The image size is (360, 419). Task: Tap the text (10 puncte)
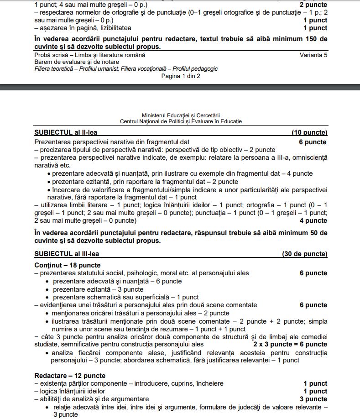[309, 133]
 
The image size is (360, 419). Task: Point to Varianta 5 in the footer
[313, 55]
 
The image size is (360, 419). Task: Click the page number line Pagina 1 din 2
[181, 76]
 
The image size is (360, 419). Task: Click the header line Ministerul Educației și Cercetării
[181, 116]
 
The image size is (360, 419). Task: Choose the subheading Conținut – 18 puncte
[68, 265]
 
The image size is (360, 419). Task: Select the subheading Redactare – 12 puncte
[69, 376]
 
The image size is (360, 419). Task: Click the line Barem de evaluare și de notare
[77, 62]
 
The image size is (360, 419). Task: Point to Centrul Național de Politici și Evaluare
[181, 122]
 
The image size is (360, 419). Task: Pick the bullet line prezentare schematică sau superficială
[125, 297]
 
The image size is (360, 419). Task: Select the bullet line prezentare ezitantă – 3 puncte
[98, 289]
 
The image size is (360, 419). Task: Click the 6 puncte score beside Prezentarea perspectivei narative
[313, 142]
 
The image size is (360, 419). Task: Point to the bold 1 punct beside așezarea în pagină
[315, 28]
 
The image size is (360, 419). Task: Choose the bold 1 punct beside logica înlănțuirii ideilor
[315, 391]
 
